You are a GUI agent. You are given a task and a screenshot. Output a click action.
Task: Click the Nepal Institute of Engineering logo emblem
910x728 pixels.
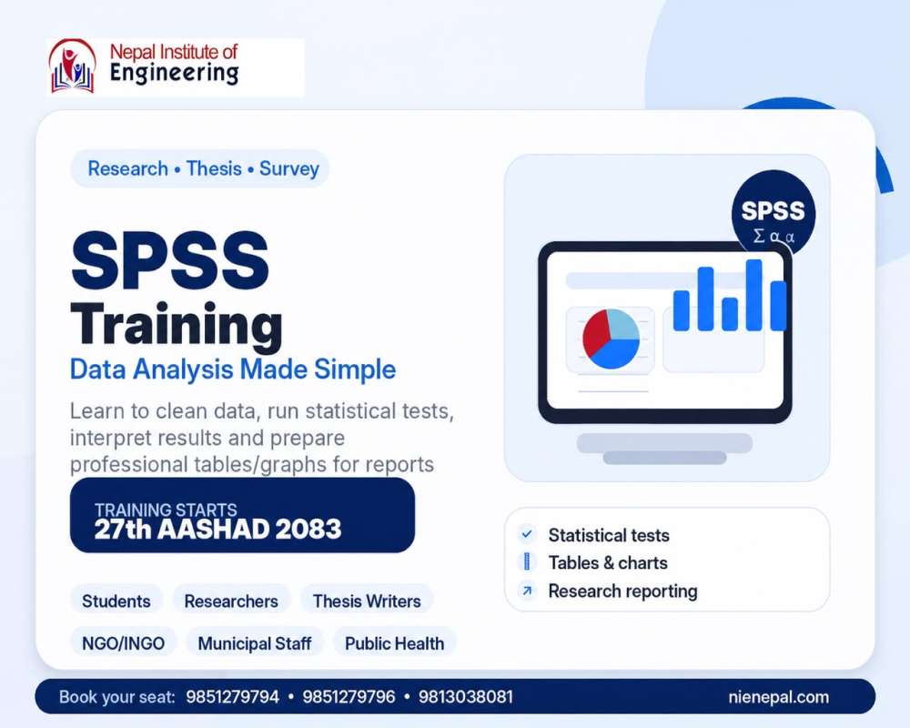point(73,66)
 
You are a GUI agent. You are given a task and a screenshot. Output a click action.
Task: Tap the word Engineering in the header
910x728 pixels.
point(174,73)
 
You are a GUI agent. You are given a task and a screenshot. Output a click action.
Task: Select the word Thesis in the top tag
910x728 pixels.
point(214,168)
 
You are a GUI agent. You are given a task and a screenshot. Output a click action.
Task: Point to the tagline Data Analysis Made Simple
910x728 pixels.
point(233,369)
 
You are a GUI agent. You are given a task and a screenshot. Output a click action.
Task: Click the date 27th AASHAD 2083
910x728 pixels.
point(217,529)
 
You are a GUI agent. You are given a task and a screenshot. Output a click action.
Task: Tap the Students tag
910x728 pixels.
point(116,601)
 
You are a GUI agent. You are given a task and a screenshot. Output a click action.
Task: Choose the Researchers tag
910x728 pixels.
point(231,601)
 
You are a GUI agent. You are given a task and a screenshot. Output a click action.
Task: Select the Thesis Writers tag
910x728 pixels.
point(367,601)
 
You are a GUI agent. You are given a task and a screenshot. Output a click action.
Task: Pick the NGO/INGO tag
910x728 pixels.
point(123,643)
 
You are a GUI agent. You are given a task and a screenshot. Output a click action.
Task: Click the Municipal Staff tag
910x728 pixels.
point(254,643)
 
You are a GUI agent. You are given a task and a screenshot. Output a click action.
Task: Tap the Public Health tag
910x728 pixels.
point(395,643)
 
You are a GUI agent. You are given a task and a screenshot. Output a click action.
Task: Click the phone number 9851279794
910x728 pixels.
point(232,697)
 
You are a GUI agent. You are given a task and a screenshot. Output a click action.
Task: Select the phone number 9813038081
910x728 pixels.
point(465,697)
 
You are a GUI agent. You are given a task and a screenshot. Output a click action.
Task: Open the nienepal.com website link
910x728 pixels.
point(778,697)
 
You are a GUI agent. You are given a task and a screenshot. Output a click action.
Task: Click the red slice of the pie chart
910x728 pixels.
point(595,333)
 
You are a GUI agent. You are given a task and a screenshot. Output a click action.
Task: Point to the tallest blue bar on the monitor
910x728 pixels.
point(753,295)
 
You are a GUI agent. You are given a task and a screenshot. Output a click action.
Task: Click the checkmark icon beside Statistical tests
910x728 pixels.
point(527,534)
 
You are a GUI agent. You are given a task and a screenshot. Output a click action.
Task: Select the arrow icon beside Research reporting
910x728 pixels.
point(527,591)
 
